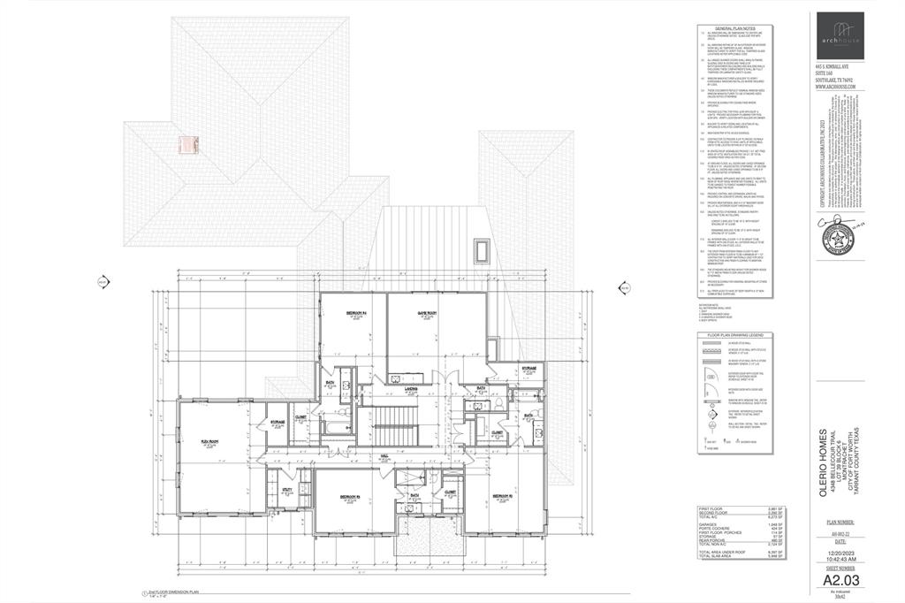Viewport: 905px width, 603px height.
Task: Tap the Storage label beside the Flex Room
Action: click(277, 421)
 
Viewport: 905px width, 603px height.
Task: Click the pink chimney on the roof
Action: click(186, 146)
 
